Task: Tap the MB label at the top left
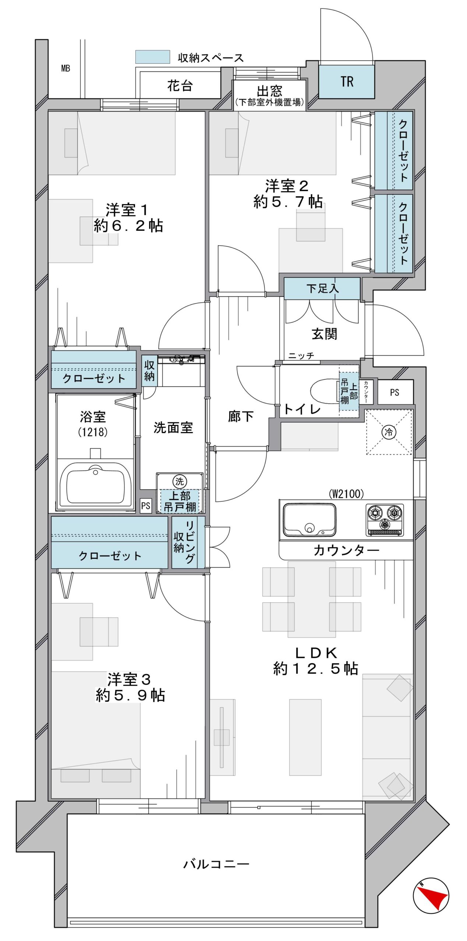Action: tap(66, 68)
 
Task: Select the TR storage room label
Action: tap(347, 82)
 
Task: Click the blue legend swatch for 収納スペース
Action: tap(152, 57)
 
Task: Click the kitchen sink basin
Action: tap(309, 519)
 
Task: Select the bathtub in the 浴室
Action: tap(96, 483)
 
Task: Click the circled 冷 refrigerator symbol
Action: tap(389, 432)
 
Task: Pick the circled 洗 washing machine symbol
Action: tap(180, 481)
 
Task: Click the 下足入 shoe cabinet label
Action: tap(322, 288)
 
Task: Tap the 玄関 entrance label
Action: tap(324, 334)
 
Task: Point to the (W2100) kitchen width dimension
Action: tap(346, 494)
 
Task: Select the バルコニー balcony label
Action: tap(216, 863)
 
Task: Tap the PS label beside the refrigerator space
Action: tap(394, 393)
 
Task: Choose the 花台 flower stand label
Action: tap(180, 86)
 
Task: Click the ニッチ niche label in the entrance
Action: tap(301, 356)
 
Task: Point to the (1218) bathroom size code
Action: tap(93, 432)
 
